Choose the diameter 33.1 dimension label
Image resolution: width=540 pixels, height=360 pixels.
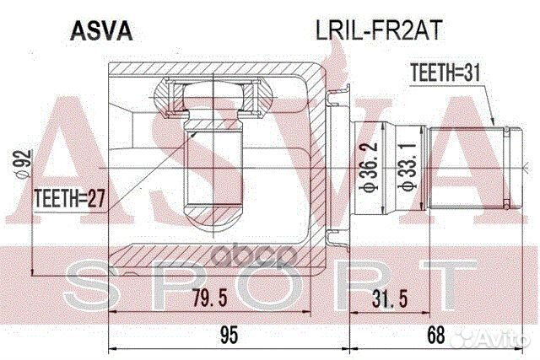click(408, 169)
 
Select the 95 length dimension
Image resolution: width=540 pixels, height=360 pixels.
click(227, 334)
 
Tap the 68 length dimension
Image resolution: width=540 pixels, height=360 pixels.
click(436, 334)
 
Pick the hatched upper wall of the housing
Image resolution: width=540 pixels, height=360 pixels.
click(211, 67)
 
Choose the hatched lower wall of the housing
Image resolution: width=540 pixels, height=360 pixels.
click(211, 254)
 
